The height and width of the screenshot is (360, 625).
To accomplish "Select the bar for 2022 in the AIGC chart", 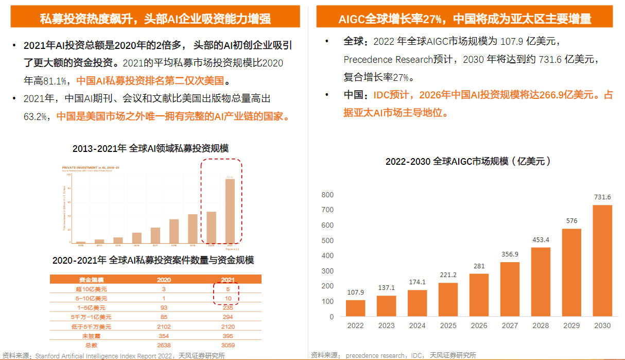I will [355, 308].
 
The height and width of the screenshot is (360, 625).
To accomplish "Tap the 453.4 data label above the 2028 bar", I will [541, 239].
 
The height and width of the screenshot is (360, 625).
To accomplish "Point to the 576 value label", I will [571, 221].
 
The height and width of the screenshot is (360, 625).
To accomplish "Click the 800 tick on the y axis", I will [327, 195].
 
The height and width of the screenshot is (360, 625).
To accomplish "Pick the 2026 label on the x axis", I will [479, 325].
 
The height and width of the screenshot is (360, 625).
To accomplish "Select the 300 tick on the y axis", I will [327, 271].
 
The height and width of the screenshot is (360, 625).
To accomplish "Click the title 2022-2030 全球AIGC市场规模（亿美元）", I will [469, 161].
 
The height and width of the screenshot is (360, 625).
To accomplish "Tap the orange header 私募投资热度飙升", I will [155, 19].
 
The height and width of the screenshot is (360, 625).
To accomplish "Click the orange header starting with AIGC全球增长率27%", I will [465, 19].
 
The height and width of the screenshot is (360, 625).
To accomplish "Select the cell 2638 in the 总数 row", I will [164, 345].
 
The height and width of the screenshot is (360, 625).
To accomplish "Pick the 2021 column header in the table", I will [227, 280].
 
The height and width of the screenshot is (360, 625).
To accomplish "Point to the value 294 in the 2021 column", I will [227, 317].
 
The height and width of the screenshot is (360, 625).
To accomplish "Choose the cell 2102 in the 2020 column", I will [164, 327].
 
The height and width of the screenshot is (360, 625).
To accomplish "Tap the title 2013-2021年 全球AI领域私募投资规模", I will [150, 148].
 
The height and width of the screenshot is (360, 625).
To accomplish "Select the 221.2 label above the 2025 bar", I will [448, 275].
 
